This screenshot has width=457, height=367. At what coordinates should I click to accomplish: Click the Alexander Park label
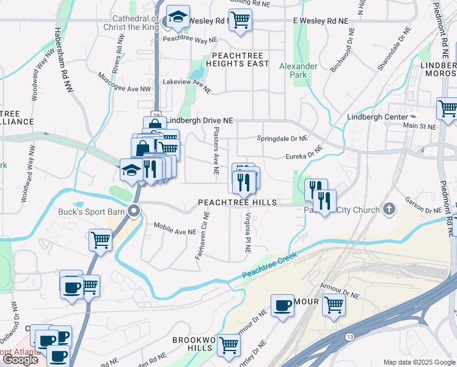click(298, 70)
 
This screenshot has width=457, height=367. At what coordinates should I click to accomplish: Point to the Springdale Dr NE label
click(282, 138)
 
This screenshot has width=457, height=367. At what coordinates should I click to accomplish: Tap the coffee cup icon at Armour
click(282, 305)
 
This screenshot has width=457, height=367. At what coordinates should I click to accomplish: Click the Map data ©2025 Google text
click(419, 362)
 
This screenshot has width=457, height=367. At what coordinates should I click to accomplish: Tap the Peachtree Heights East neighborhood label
click(237, 59)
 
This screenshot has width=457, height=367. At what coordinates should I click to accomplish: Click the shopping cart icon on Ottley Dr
click(228, 345)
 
